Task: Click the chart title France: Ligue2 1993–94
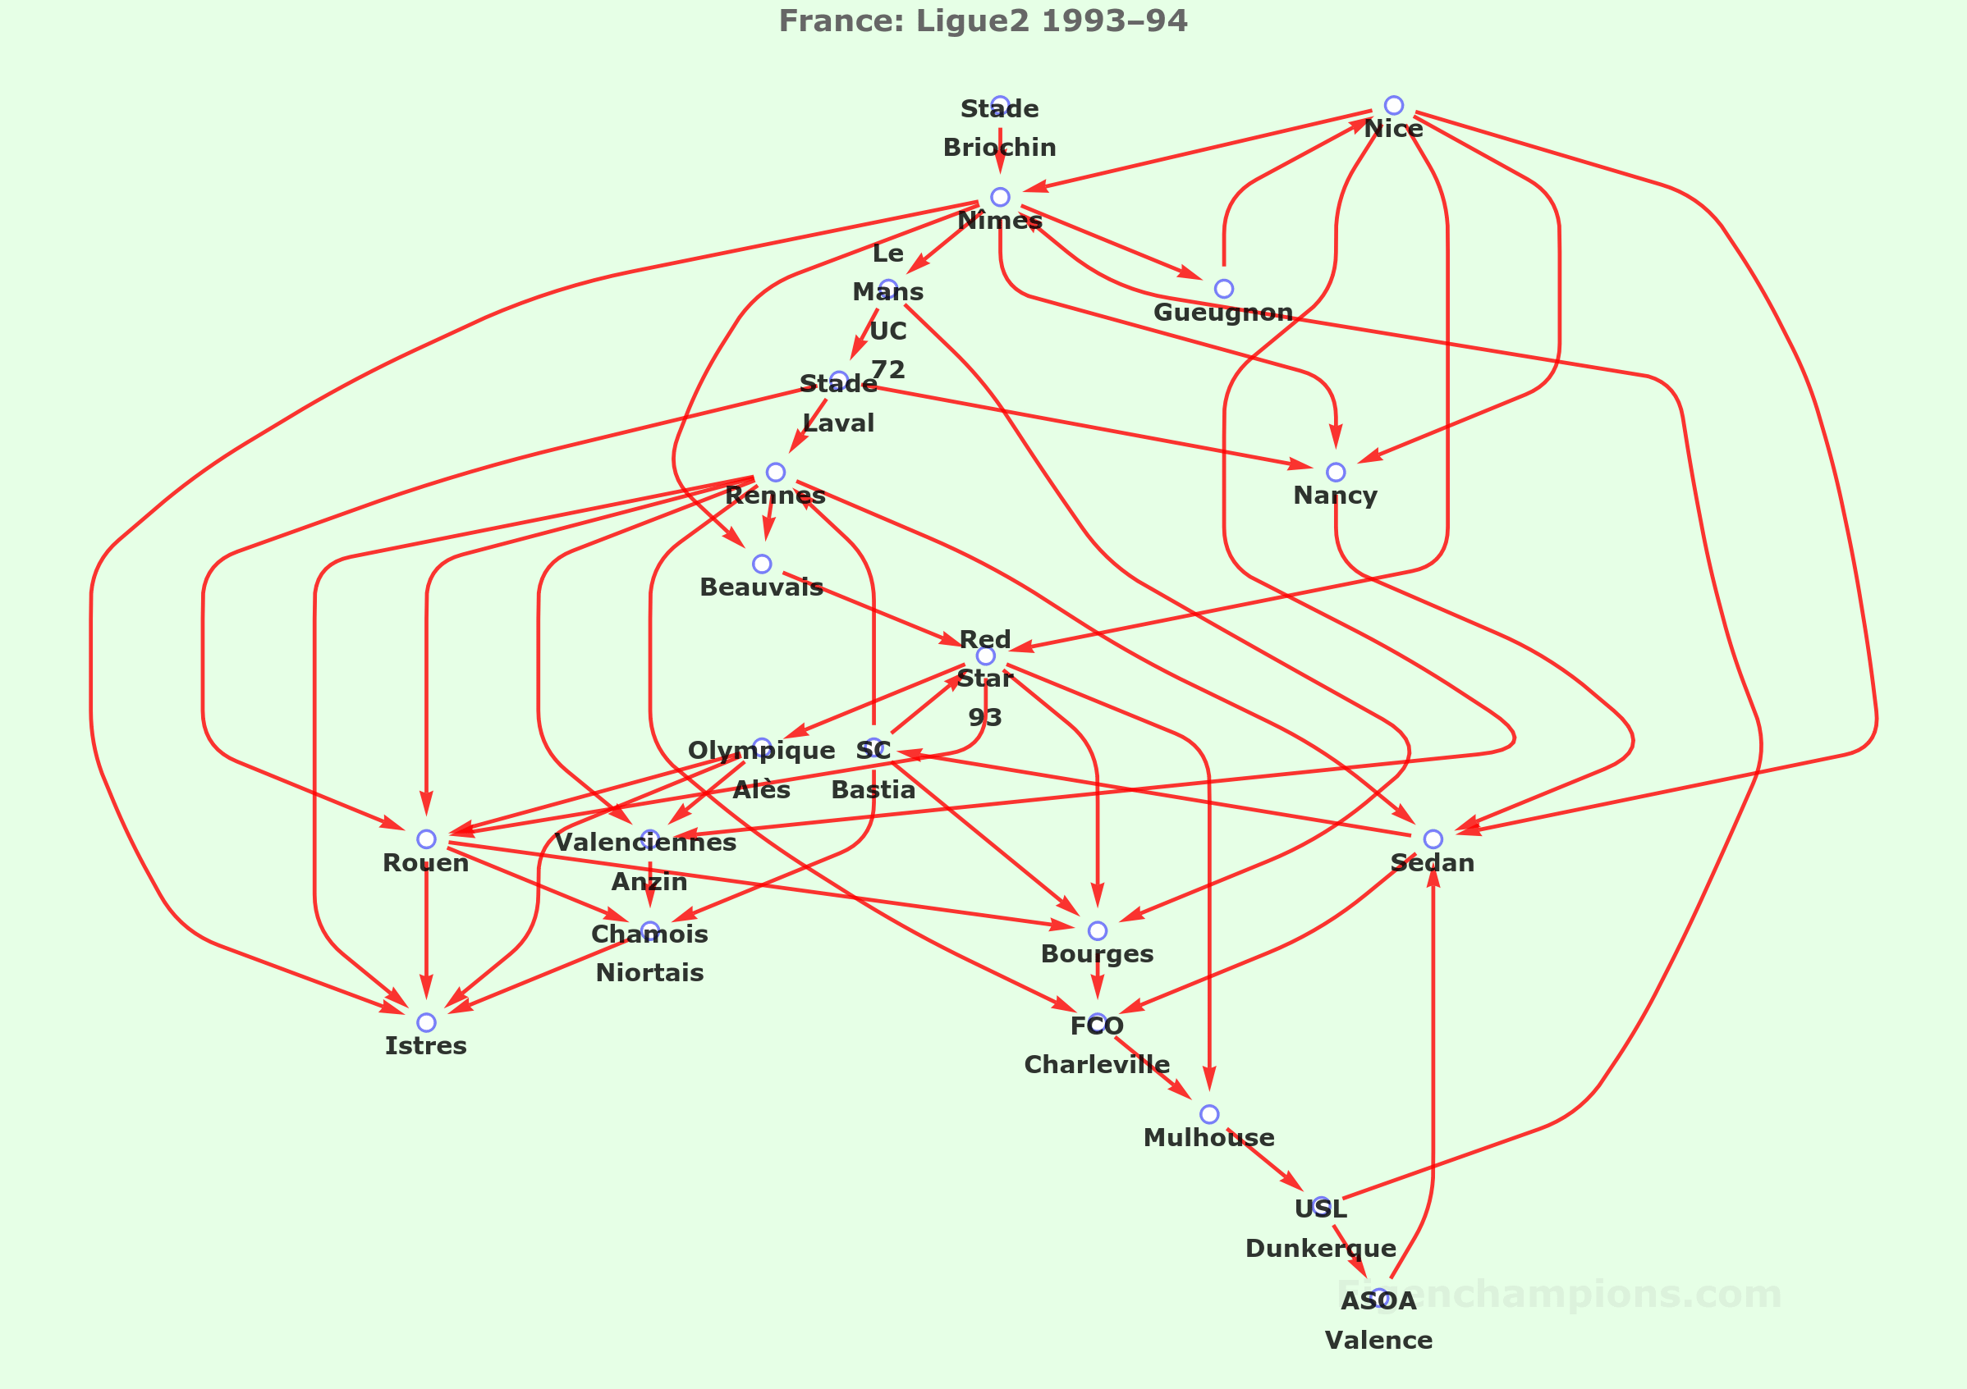coord(983,21)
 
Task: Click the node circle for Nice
coord(1394,105)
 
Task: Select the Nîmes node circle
coord(1000,197)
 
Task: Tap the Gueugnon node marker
coord(1224,289)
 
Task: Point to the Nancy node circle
coord(1336,472)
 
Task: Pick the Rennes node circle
coord(775,472)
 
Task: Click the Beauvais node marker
coord(762,564)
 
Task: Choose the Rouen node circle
coord(426,839)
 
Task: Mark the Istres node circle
coord(426,1022)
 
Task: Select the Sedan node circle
coord(1433,839)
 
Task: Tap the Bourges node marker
coord(1098,931)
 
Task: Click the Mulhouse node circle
coord(1209,1114)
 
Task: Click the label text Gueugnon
coord(1223,313)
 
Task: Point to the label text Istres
coord(426,1045)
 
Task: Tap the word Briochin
coord(1000,148)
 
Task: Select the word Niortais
coord(649,973)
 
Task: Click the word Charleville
coord(1097,1064)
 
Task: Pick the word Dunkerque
coord(1320,1249)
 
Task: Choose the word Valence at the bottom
coord(1378,1341)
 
